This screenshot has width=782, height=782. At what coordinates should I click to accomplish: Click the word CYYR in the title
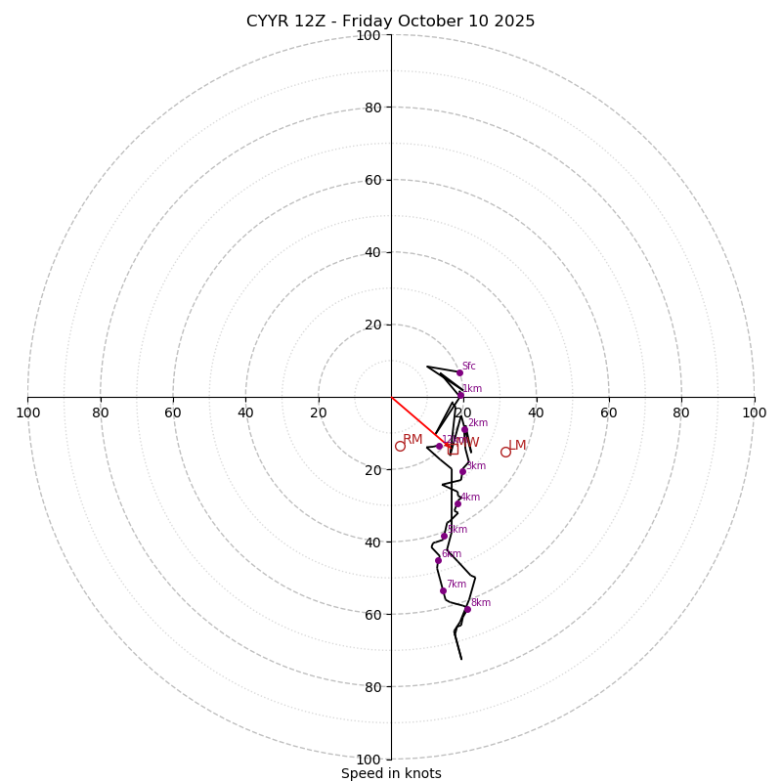(267, 22)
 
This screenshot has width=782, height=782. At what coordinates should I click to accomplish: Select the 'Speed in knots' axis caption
(391, 773)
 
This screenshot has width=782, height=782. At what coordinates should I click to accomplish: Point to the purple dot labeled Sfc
(459, 372)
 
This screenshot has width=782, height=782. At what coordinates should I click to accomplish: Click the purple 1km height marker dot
(460, 395)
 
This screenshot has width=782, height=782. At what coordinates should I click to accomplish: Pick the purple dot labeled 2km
(464, 429)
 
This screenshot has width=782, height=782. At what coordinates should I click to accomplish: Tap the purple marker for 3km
(462, 471)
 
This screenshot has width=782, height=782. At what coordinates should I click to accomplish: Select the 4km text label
(470, 498)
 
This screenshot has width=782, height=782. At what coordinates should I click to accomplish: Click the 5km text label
(457, 530)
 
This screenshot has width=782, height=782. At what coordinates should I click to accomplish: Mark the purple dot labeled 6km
(438, 560)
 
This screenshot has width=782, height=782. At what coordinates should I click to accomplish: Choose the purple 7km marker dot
(443, 590)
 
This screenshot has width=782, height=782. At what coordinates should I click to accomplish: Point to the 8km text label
(481, 603)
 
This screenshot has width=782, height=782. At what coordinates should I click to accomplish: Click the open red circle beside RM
(400, 446)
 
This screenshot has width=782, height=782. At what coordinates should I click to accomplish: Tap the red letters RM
(413, 440)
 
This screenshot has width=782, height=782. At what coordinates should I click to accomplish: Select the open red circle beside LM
(505, 452)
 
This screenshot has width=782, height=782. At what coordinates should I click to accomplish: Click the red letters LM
(517, 446)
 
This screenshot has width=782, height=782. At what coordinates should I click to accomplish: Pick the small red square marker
(453, 450)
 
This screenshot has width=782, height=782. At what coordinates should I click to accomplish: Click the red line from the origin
(413, 417)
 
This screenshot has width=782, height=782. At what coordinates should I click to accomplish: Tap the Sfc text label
(469, 367)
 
